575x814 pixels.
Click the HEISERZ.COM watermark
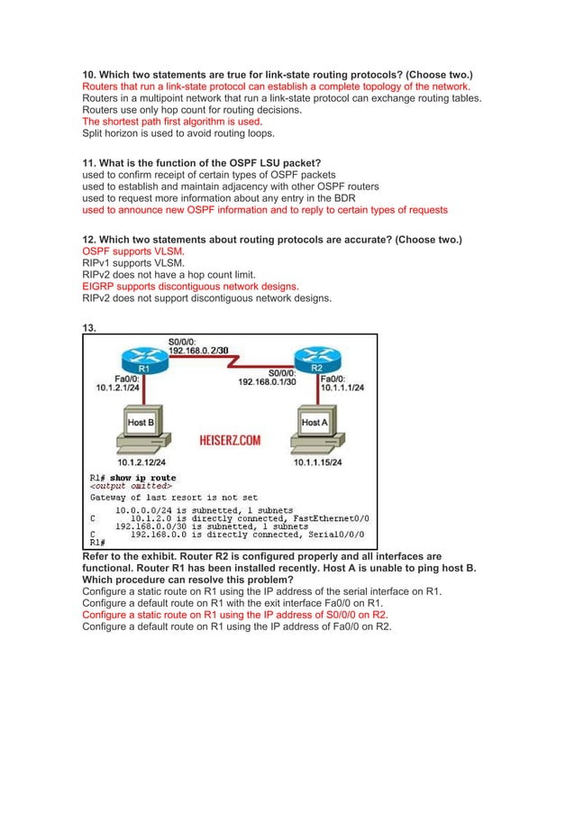coord(230,441)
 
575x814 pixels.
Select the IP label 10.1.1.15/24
coord(322,462)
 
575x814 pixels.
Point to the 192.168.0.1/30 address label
coord(266,381)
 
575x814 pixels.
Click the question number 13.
coord(89,328)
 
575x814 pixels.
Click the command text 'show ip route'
coord(143,478)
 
